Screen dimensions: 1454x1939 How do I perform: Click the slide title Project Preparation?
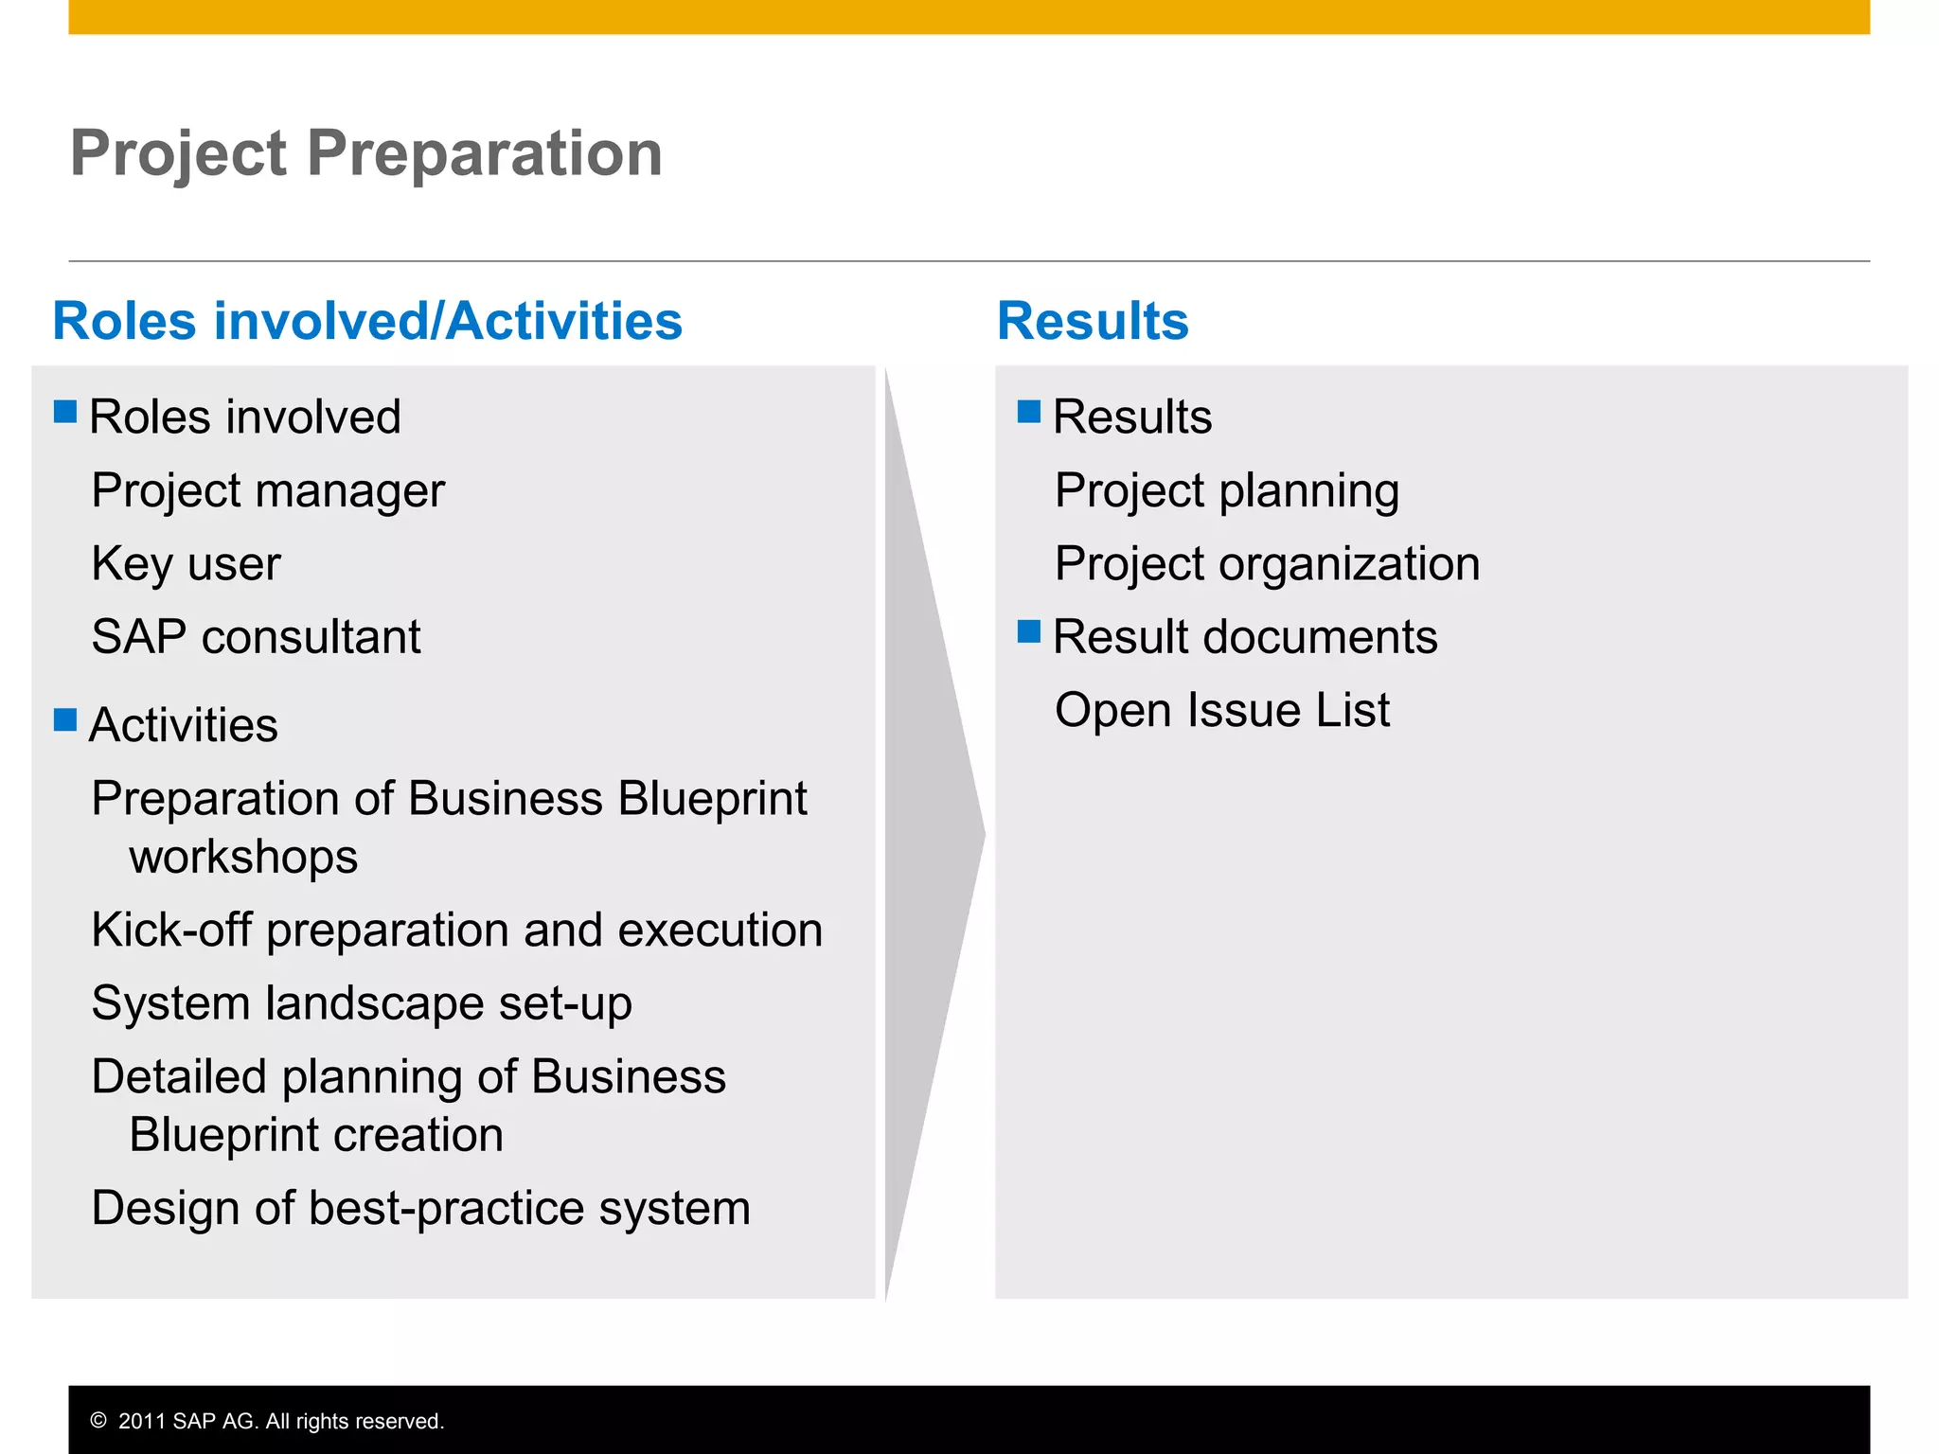pyautogui.click(x=366, y=153)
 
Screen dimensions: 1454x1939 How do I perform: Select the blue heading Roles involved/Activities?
pyautogui.click(x=367, y=321)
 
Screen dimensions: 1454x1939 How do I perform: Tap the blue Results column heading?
pyautogui.click(x=1093, y=321)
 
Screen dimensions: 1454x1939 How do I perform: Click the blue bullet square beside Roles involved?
pyautogui.click(x=65, y=411)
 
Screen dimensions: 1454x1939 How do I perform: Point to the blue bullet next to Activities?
pyautogui.click(x=65, y=719)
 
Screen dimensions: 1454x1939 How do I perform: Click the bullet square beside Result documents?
pyautogui.click(x=1029, y=631)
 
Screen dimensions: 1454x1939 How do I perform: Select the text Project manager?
pyautogui.click(x=268, y=491)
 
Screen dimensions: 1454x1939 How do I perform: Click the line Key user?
pyautogui.click(x=187, y=564)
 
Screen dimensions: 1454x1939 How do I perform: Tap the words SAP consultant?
pyautogui.click(x=256, y=637)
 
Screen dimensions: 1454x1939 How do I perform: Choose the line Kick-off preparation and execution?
pyautogui.click(x=457, y=931)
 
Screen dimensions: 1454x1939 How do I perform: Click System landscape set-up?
pyautogui.click(x=362, y=1003)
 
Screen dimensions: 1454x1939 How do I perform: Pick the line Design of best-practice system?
pyautogui.click(x=421, y=1209)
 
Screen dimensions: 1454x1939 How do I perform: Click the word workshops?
pyautogui.click(x=243, y=858)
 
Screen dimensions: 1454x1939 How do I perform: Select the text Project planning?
pyautogui.click(x=1227, y=491)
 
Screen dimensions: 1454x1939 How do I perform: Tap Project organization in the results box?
pyautogui.click(x=1267, y=564)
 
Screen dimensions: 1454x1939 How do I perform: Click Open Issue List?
pyautogui.click(x=1222, y=711)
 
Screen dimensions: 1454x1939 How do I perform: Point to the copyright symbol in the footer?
pyautogui.click(x=98, y=1421)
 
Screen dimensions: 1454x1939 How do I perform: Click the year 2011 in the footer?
pyautogui.click(x=142, y=1421)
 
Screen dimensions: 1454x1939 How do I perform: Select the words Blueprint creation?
pyautogui.click(x=316, y=1136)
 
